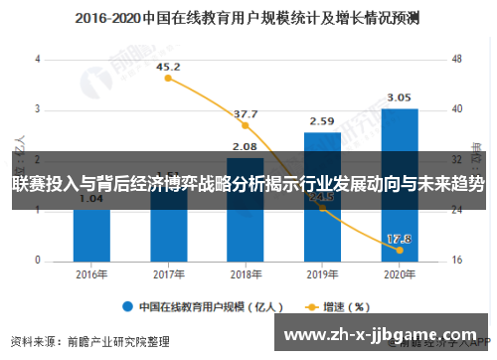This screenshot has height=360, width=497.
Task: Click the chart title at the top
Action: pyautogui.click(x=248, y=17)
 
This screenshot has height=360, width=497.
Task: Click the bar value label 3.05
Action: pyautogui.click(x=399, y=97)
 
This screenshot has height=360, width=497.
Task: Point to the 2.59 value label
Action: pyautogui.click(x=322, y=121)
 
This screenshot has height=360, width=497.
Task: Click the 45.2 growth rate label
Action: pyautogui.click(x=168, y=66)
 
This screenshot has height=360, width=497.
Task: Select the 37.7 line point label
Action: pyautogui.click(x=245, y=114)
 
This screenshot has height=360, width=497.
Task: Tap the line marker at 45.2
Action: pyautogui.click(x=168, y=78)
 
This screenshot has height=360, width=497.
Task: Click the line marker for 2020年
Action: pyautogui.click(x=399, y=250)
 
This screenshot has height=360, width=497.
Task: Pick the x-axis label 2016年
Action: pyautogui.click(x=91, y=274)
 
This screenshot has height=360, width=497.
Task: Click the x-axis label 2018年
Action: pyautogui.click(x=245, y=274)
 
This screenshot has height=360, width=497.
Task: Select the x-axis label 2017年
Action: pyautogui.click(x=168, y=274)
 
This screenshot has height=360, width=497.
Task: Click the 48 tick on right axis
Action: pyautogui.click(x=457, y=58)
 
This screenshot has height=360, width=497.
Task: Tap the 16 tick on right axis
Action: pyautogui.click(x=457, y=261)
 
